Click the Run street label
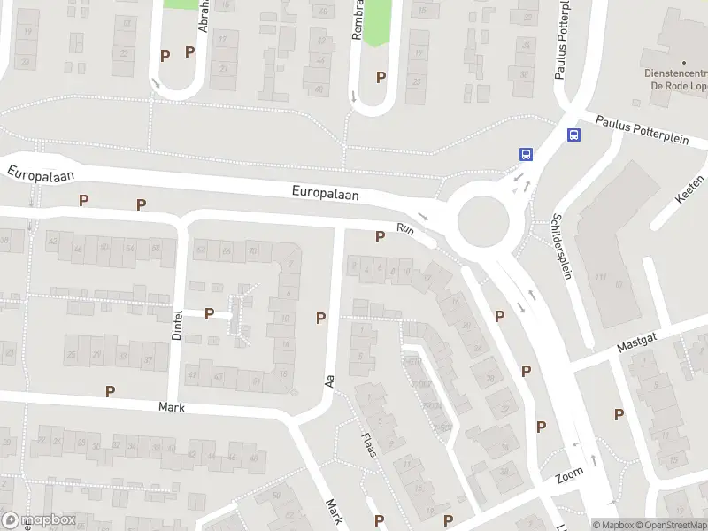click(x=406, y=228)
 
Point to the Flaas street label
click(x=369, y=443)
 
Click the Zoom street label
click(x=571, y=475)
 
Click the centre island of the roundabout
click(x=482, y=215)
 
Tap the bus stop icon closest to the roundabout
click(x=526, y=153)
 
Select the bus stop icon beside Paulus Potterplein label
click(x=574, y=135)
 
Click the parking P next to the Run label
click(x=381, y=236)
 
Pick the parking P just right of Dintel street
click(x=210, y=313)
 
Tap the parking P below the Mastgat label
click(x=619, y=414)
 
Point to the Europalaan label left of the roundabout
click(x=327, y=193)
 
